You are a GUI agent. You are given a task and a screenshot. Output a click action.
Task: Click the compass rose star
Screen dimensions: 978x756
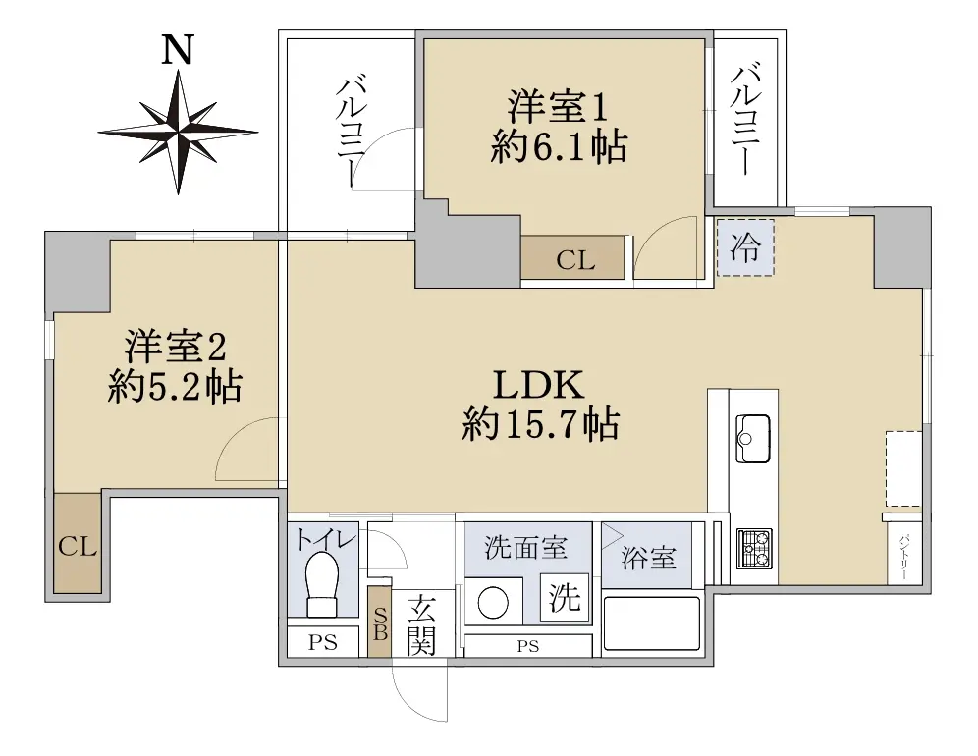click(179, 133)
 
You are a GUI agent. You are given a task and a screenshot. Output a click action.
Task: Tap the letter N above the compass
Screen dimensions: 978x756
click(178, 49)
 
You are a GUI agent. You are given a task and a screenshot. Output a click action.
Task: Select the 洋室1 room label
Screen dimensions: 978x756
click(557, 107)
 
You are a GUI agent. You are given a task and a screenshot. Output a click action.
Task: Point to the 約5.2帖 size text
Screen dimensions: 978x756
click(175, 387)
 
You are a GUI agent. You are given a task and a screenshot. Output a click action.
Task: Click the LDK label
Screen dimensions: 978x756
click(539, 384)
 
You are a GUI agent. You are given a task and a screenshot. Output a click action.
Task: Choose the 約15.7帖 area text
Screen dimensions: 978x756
click(540, 425)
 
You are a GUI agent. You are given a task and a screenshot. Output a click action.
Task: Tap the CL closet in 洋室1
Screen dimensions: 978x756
click(573, 257)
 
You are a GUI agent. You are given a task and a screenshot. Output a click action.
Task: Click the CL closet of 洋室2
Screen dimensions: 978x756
click(78, 543)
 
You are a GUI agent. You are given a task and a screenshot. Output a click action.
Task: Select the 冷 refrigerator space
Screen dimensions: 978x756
click(745, 247)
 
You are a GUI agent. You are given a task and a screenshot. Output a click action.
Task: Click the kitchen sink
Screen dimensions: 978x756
click(753, 439)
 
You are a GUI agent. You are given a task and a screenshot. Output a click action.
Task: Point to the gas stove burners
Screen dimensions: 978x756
click(754, 548)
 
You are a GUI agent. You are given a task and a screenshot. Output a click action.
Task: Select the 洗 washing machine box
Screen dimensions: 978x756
click(565, 598)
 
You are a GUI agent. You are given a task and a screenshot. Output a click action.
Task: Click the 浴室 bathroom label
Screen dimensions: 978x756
click(648, 557)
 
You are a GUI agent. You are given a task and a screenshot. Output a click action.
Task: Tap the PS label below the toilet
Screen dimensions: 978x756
click(322, 642)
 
